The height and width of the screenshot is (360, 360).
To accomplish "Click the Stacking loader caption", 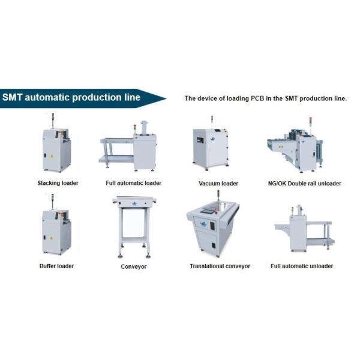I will (58, 182).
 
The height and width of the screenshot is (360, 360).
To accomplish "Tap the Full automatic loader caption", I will (133, 182).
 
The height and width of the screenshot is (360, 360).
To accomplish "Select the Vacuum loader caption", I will (218, 183).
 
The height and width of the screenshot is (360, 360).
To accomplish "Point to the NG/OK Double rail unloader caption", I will (305, 183).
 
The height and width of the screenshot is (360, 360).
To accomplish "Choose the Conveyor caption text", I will (133, 266).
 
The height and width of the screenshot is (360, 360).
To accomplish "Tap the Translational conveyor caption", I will (220, 265).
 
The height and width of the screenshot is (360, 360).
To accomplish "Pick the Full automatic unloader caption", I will (302, 265).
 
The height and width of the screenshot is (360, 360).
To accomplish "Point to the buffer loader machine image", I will (56, 231).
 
